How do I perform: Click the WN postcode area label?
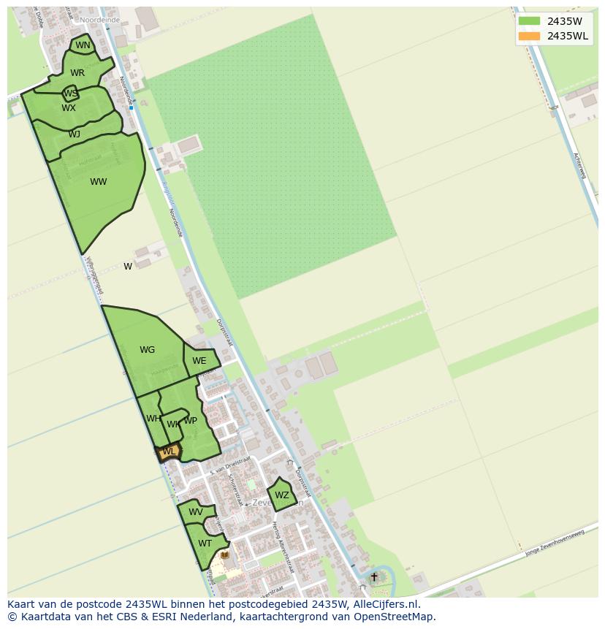point(83,45)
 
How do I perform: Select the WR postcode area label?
point(77,72)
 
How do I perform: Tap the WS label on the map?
point(70,94)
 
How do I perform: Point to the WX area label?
point(69,108)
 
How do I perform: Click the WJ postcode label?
point(75,134)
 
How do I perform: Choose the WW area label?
point(99,182)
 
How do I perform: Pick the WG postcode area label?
point(147,350)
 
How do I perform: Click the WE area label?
point(199,361)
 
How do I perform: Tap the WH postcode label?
point(153,419)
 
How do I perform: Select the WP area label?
point(190,421)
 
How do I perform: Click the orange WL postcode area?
point(169,452)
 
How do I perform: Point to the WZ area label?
point(282,495)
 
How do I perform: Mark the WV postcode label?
point(196,512)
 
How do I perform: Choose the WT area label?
point(205,544)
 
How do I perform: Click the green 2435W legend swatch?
point(529,21)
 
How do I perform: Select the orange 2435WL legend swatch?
point(529,36)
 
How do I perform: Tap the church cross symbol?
point(374,577)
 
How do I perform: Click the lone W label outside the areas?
point(128,267)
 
